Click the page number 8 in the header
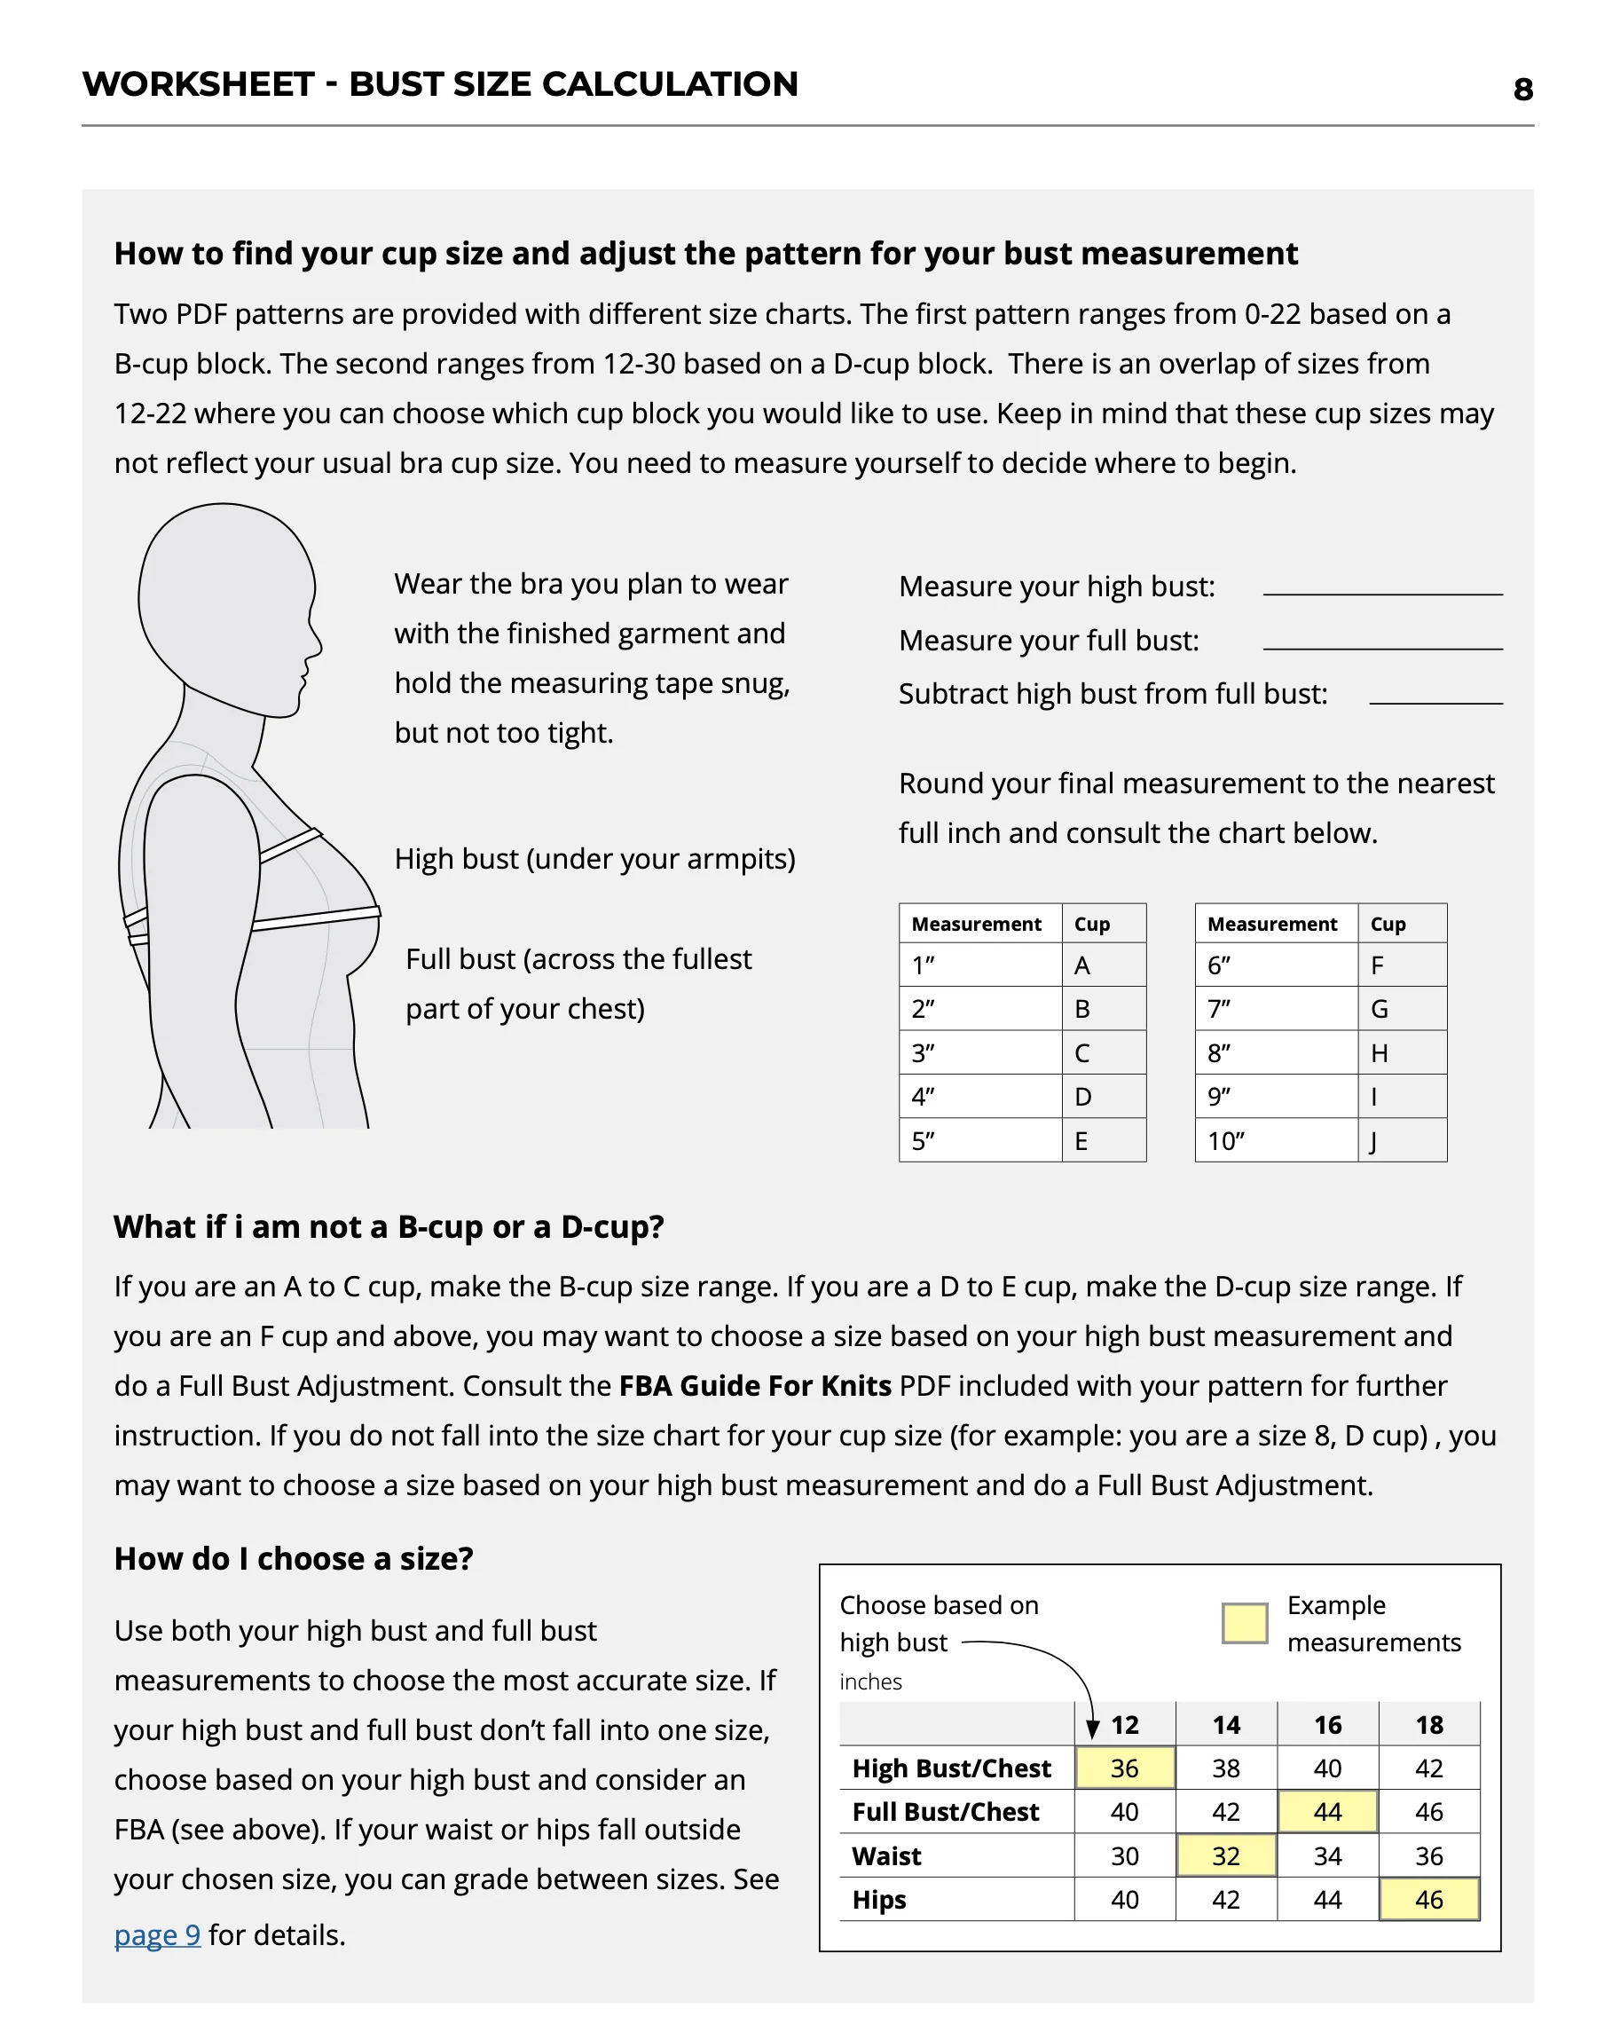coord(1522,90)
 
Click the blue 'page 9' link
coord(157,1934)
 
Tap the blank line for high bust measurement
coord(1381,591)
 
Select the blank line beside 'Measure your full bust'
coord(1381,646)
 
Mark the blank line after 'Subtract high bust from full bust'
coord(1435,700)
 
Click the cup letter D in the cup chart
coord(1083,1097)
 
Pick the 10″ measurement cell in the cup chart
coord(1226,1141)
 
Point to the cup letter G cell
coord(1379,1010)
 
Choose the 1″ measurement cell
coord(924,965)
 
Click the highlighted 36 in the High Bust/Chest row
coord(1124,1768)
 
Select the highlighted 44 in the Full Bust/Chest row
coord(1327,1811)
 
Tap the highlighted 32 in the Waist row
coord(1225,1855)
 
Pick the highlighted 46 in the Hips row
coord(1428,1899)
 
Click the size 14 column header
coord(1225,1725)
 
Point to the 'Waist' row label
coord(887,1855)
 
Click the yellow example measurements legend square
coord(1244,1623)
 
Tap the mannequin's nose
coord(318,647)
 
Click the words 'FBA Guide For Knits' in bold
coord(755,1385)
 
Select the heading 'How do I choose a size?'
coord(294,1559)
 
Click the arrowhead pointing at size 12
coord(1092,1728)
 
